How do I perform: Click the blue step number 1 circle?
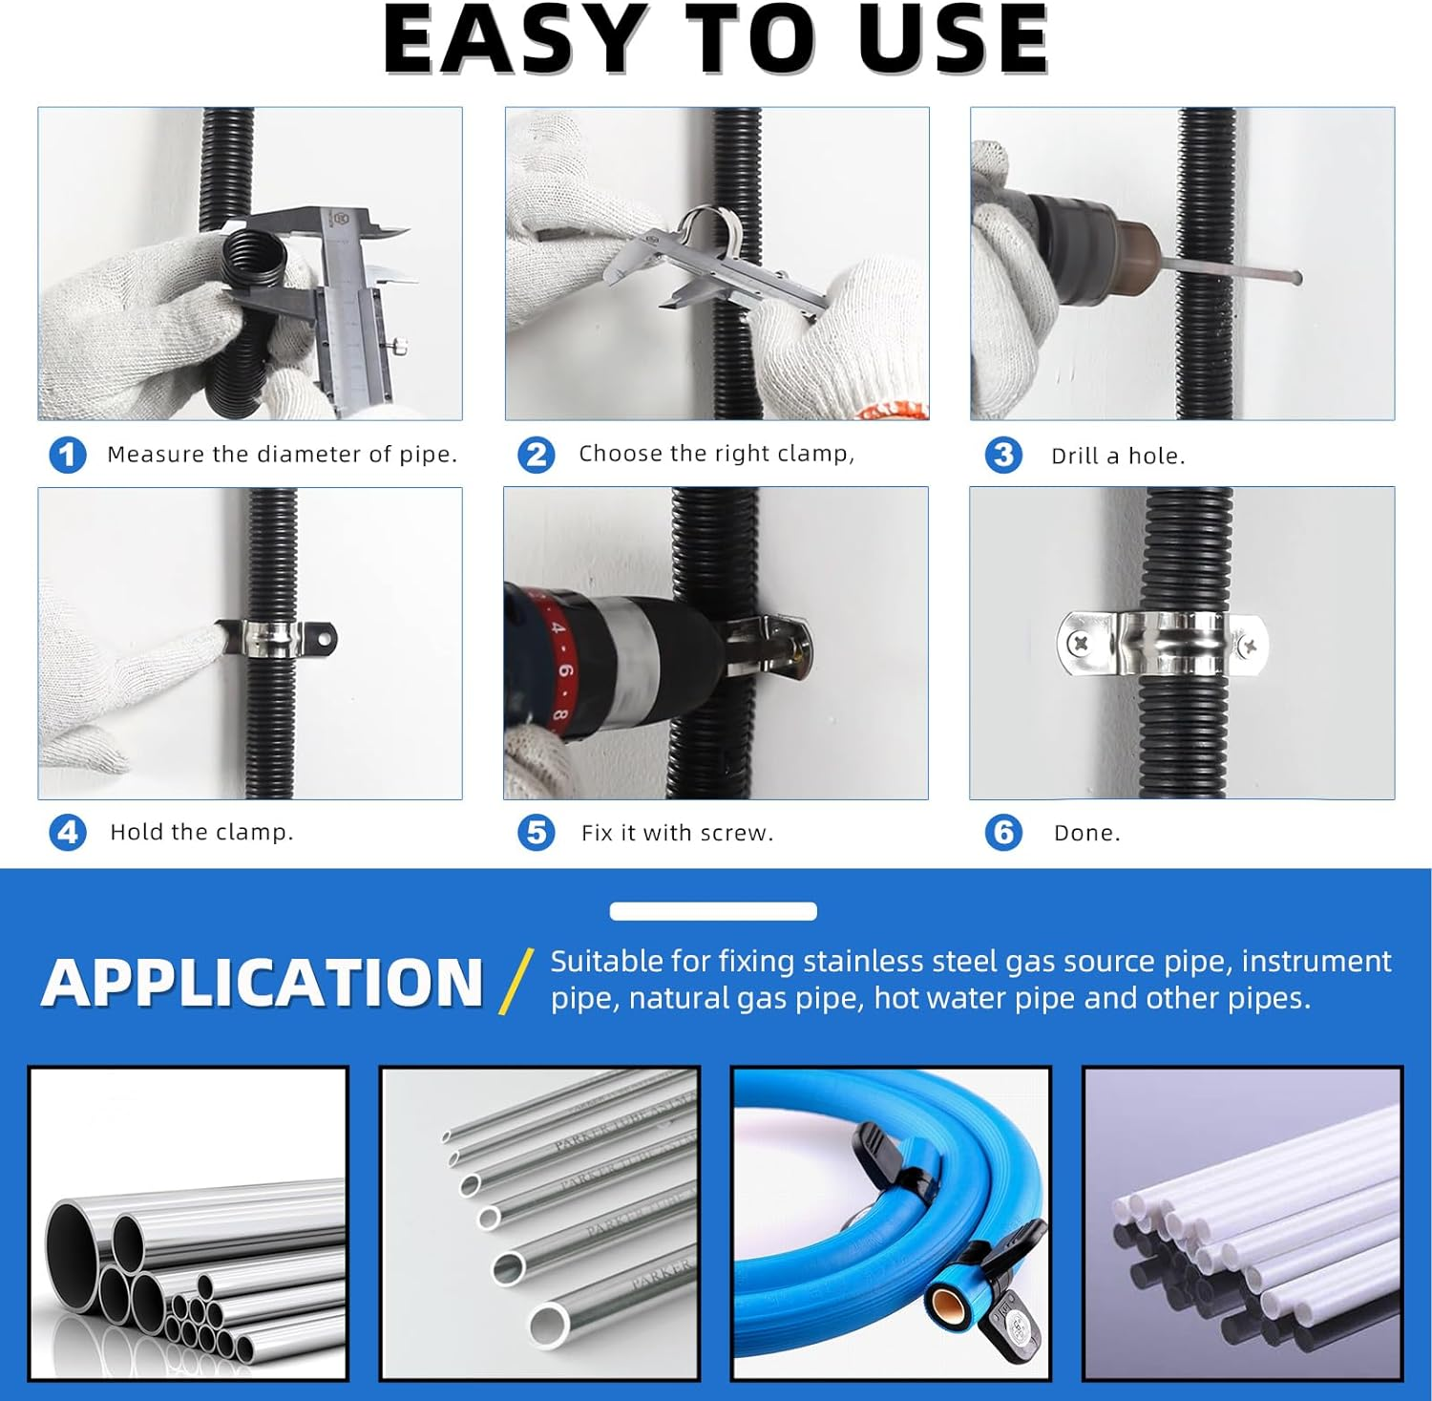68,455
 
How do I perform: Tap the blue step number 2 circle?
537,455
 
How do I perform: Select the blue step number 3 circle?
1003,455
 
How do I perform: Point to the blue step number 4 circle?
68,833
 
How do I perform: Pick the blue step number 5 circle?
537,833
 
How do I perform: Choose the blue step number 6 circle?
1003,833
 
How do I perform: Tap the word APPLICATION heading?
263,983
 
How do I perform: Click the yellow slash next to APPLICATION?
516,982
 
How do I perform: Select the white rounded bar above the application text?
713,911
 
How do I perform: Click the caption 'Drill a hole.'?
1118,456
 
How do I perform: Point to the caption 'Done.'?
1087,833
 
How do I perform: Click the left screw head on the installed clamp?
1081,644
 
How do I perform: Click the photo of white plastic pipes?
1243,1223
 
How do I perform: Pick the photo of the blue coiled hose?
891,1223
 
